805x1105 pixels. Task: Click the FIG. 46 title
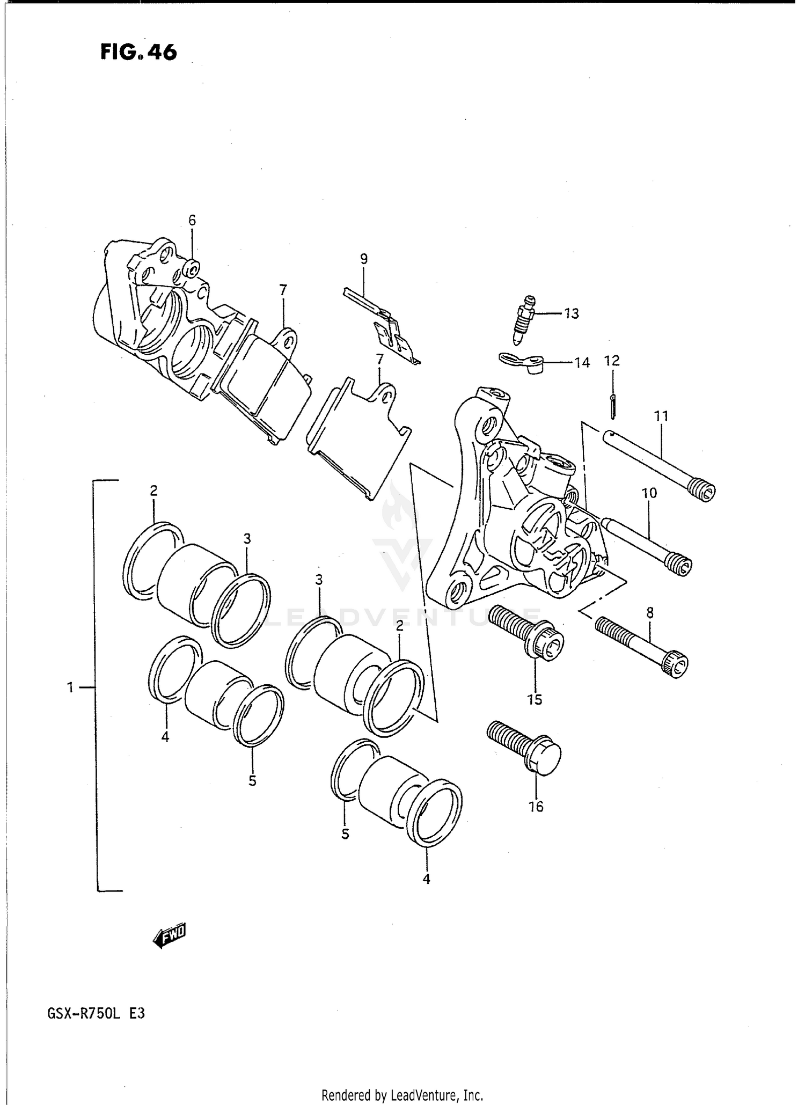click(x=138, y=52)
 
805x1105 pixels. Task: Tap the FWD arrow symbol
click(x=170, y=936)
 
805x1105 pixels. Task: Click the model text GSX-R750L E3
click(x=97, y=1014)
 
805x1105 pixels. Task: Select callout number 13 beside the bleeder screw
click(x=572, y=313)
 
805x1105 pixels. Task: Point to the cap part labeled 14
click(x=523, y=362)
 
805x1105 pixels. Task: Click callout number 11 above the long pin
click(x=661, y=416)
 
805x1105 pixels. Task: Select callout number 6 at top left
click(x=192, y=221)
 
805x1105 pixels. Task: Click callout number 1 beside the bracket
click(x=70, y=687)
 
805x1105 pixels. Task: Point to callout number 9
click(x=364, y=259)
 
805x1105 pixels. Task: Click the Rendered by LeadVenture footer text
click(x=402, y=1095)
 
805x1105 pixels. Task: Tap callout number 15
click(x=535, y=699)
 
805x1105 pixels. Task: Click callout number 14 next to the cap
click(x=582, y=363)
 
